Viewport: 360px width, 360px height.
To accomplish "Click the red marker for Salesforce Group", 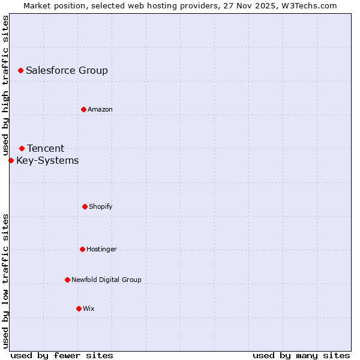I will coord(20,70).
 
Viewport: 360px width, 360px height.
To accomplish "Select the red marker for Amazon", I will coord(83,109).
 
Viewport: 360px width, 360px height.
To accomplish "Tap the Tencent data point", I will coord(22,148).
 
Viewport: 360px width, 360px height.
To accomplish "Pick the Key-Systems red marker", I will coord(11,160).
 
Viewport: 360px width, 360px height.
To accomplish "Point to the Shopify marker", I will coord(85,206).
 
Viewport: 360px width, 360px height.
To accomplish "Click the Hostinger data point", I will coord(82,249).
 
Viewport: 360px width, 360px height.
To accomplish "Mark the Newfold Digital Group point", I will coord(67,280).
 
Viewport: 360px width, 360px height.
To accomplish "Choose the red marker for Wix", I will coord(79,308).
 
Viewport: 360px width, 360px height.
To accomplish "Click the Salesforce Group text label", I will coord(67,70).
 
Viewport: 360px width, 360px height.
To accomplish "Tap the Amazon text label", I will coord(100,109).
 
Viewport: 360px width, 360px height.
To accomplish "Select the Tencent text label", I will coord(46,148).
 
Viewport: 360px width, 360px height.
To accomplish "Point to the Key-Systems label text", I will coord(47,160).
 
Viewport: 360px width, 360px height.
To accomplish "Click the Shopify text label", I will coord(101,206).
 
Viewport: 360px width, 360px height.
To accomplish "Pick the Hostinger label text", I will coord(101,249).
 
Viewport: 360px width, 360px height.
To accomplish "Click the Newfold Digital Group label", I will coord(106,280).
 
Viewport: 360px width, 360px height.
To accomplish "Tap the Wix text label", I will coord(89,308).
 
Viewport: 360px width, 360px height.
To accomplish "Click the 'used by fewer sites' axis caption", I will coord(62,355).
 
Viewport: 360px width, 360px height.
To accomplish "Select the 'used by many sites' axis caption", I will coord(301,355).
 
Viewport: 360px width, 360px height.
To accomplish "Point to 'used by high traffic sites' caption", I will coord(5,85).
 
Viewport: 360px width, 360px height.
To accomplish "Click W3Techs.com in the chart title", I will coord(309,5).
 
